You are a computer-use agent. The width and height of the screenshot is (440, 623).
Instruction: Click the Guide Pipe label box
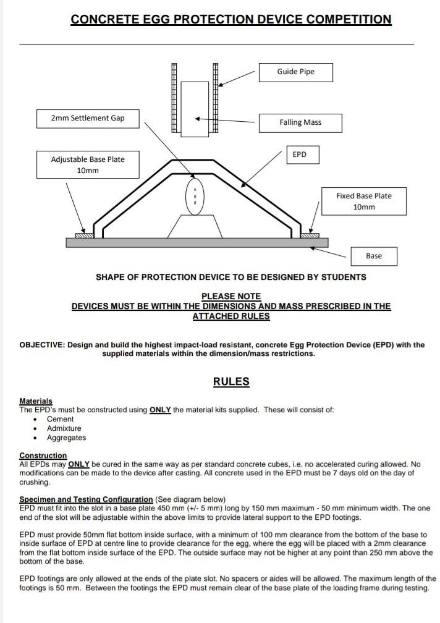click(295, 72)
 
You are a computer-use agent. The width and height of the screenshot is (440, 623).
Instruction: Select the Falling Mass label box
click(300, 122)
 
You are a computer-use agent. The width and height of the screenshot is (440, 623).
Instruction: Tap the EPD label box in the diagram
click(300, 155)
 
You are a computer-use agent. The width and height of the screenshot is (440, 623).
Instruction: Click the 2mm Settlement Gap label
click(87, 118)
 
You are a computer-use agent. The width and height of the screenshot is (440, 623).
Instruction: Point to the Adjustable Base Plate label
click(87, 165)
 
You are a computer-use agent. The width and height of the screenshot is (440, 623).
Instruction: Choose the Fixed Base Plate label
click(363, 201)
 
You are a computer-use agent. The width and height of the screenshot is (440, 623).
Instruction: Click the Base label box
click(373, 256)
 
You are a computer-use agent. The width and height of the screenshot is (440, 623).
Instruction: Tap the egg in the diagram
click(195, 197)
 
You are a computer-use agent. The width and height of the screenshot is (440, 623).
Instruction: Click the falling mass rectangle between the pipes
click(195, 109)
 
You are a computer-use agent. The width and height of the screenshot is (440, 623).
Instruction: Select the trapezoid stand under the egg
click(195, 226)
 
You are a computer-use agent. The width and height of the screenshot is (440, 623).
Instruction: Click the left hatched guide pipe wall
click(174, 98)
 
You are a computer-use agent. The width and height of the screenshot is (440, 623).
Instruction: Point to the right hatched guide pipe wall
click(216, 98)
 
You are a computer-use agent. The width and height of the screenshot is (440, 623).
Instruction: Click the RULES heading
click(231, 381)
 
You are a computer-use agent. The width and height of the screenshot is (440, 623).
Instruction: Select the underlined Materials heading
click(36, 401)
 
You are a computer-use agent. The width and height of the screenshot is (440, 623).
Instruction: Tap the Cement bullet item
click(60, 419)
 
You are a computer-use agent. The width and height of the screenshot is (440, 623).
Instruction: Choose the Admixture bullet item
click(64, 428)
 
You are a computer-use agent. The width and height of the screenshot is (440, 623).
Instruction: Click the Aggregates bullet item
click(66, 438)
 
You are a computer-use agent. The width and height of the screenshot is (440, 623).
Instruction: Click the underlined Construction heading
click(43, 456)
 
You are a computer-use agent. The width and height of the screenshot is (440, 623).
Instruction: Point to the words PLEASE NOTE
click(231, 296)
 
